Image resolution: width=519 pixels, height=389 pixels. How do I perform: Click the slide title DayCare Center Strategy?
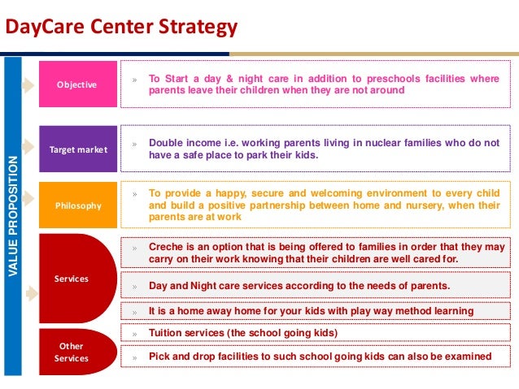tap(121, 28)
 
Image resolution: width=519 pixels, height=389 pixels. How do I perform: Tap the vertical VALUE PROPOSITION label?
tap(12, 214)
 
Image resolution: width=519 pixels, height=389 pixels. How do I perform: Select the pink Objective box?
tap(76, 84)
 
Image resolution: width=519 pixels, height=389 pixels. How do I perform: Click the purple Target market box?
tap(76, 149)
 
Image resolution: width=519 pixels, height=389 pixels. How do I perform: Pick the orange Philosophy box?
tap(76, 205)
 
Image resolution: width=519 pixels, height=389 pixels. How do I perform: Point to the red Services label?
tap(71, 279)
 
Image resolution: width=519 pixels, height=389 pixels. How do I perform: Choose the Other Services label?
tap(71, 352)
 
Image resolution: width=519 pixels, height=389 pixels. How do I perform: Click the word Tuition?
tap(168, 333)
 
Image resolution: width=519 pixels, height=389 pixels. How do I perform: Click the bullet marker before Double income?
tap(134, 143)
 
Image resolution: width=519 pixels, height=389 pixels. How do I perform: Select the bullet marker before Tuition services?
tap(134, 334)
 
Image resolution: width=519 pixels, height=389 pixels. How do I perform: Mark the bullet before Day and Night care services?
tap(134, 286)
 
